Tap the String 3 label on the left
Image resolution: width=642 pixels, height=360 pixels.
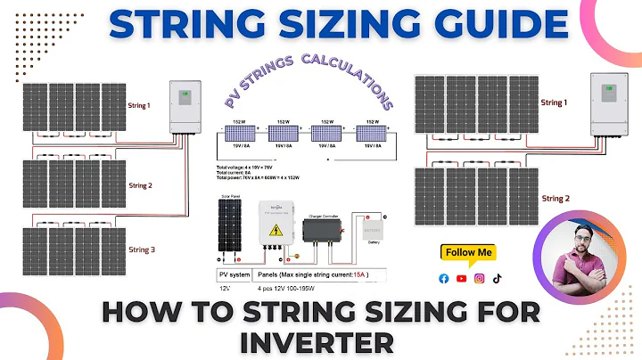point(141,250)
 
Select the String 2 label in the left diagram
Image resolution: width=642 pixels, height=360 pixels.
point(141,185)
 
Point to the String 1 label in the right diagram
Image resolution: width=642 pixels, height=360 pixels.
point(553,103)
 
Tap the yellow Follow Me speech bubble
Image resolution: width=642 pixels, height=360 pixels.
point(468,253)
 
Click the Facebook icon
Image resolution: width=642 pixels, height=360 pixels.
point(444,279)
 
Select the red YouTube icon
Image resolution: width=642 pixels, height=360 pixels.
point(461,279)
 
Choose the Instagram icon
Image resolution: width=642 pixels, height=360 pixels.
point(479,279)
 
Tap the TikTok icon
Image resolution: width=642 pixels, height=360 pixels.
point(497,279)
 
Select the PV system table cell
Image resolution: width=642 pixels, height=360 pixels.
point(235,275)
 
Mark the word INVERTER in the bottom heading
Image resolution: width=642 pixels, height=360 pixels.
point(320,340)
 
